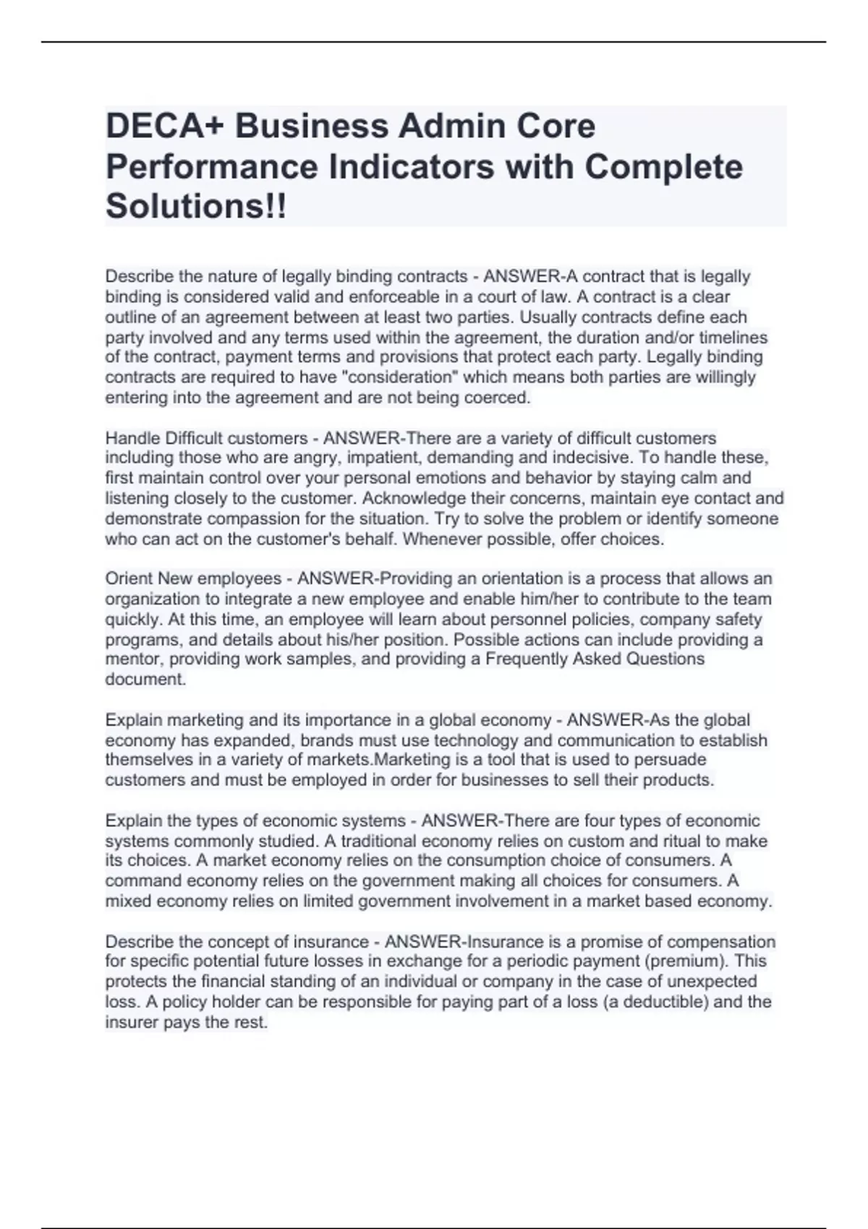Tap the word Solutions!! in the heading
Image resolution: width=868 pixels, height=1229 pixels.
(x=196, y=206)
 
